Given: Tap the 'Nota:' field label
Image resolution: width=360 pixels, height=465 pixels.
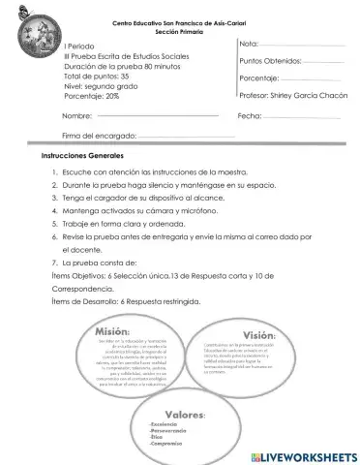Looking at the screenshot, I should click(248, 45).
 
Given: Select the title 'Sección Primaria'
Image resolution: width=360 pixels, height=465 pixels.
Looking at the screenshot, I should click(180, 32).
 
